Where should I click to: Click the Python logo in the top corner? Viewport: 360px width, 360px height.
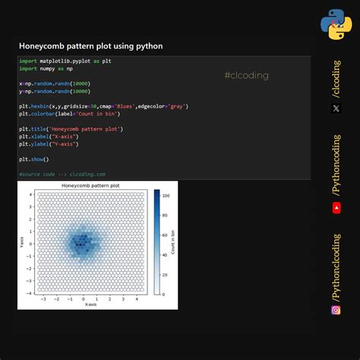tap(335, 24)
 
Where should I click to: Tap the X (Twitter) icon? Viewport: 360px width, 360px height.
tap(336, 109)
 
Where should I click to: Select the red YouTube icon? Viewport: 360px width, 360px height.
tap(336, 207)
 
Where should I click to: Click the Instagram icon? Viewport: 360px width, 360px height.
tap(336, 310)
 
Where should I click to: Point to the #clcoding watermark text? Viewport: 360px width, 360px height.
tap(246, 75)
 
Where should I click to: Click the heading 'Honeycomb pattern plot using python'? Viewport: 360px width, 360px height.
tap(90, 46)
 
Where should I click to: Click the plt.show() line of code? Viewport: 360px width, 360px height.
tap(34, 159)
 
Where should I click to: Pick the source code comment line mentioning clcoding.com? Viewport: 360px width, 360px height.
tap(62, 174)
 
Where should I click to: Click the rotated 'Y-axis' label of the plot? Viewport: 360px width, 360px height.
tap(23, 243)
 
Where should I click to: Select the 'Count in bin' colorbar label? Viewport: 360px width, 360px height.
tap(174, 242)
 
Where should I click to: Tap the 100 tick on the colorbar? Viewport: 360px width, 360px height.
tap(165, 195)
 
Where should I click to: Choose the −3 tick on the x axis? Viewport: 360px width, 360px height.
tap(43, 298)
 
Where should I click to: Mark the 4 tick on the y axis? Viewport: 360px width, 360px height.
tap(30, 195)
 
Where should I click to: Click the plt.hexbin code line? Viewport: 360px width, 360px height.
tap(103, 106)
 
